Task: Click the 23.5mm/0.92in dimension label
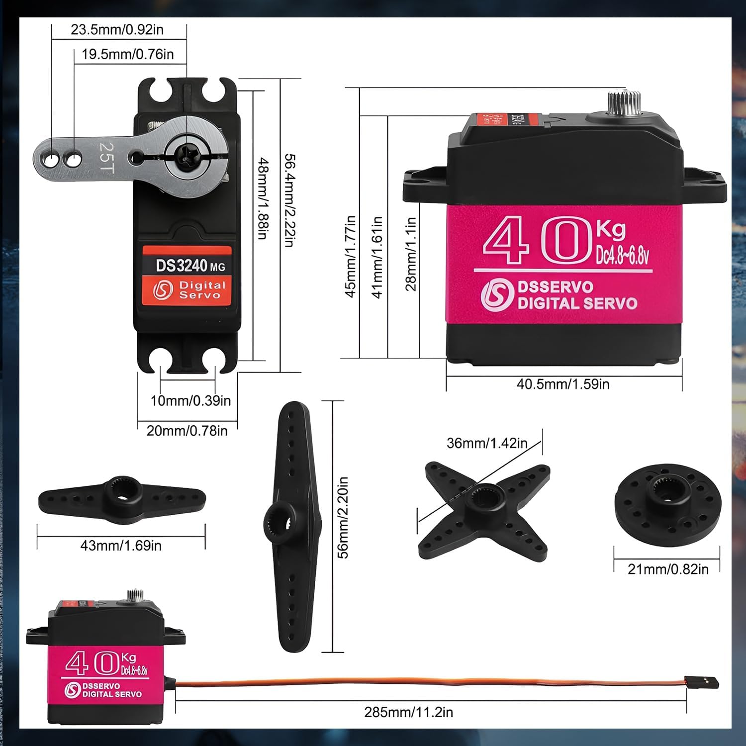click(117, 30)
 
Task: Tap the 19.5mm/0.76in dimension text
click(127, 54)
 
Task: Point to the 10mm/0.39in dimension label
click(190, 401)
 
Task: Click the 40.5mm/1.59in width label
click(562, 384)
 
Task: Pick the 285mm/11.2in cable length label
click(408, 712)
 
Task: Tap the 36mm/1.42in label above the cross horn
click(487, 443)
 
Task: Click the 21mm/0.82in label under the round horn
click(668, 569)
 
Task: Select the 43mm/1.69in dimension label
click(121, 546)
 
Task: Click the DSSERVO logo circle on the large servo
click(496, 295)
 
